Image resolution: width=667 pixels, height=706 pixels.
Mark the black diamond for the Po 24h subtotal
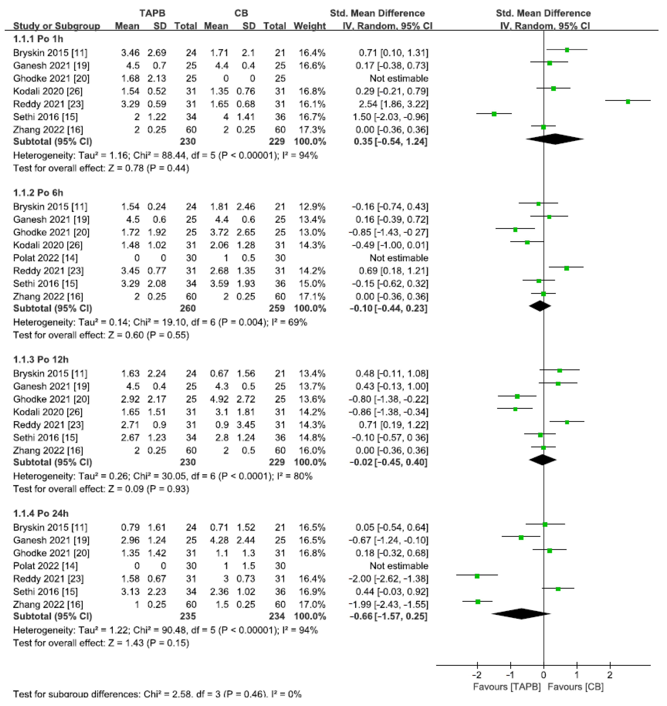pyautogui.click(x=521, y=614)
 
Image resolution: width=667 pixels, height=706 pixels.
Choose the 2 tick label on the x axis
pyautogui.click(x=610, y=675)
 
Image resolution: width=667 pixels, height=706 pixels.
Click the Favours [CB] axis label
pyautogui.click(x=576, y=686)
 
